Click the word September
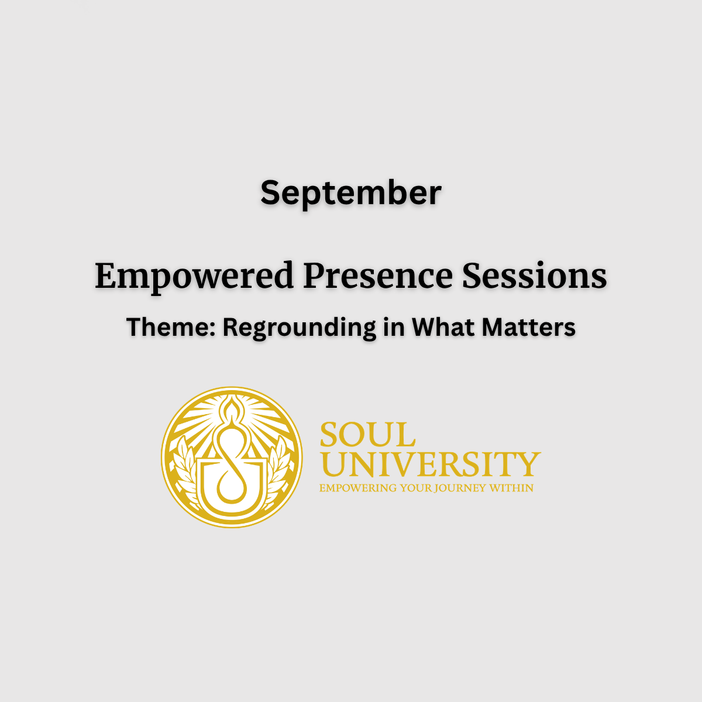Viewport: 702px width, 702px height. (351, 194)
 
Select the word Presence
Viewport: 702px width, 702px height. (378, 275)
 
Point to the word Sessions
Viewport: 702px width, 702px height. (535, 275)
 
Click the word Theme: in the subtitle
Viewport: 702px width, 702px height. (171, 327)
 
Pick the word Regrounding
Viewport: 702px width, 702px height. (299, 328)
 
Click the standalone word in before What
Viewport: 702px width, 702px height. (394, 327)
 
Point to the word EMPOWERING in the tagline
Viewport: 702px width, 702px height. (358, 488)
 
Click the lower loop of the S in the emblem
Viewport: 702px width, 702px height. (231, 485)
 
